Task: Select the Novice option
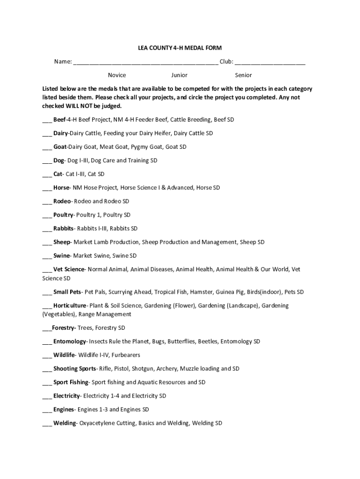117,75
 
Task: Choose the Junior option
179,75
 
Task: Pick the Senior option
243,75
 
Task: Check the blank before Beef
47,121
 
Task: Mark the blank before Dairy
47,134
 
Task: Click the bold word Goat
60,147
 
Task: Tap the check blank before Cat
47,175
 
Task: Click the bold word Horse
61,188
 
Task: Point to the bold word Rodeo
62,201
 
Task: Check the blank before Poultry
47,216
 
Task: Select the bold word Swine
61,256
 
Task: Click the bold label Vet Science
69,269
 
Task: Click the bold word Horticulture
70,305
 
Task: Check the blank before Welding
47,424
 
